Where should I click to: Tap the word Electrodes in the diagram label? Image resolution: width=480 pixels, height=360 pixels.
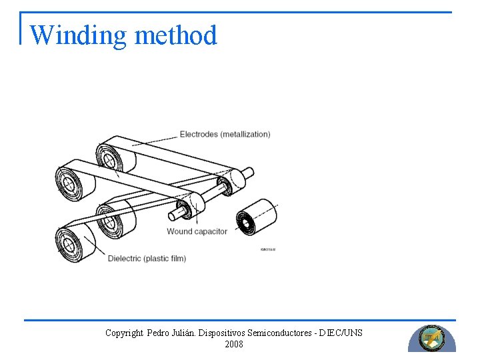click(x=199, y=134)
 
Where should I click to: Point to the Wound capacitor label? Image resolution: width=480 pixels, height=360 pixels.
click(x=197, y=231)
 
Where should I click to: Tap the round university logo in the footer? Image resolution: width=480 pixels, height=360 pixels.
click(x=431, y=338)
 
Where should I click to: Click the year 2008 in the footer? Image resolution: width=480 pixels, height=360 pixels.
click(x=234, y=344)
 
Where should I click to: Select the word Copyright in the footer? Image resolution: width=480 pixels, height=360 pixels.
click(x=124, y=333)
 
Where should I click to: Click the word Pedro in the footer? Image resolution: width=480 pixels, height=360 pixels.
click(x=159, y=333)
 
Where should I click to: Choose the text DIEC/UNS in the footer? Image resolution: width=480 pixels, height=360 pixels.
click(x=343, y=333)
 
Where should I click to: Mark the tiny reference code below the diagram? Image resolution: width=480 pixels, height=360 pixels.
click(x=267, y=249)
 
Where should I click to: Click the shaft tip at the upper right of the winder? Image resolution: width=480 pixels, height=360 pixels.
click(x=249, y=172)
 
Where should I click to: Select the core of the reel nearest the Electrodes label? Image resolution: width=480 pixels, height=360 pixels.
click(x=107, y=157)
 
